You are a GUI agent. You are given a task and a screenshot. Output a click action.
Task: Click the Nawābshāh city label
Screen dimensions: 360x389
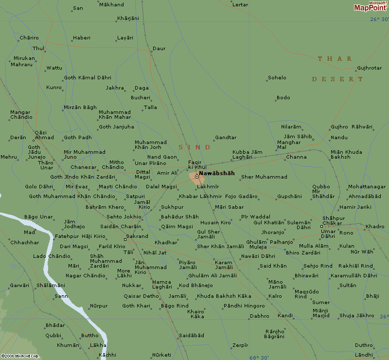[217, 173]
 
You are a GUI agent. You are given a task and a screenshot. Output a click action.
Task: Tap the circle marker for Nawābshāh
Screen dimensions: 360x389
[196, 177]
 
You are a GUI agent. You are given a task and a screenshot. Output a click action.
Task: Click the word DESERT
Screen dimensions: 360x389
[337, 79]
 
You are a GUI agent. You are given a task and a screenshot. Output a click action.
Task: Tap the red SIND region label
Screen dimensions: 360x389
[194, 147]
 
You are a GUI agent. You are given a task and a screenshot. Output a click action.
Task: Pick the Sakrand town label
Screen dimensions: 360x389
[137, 236]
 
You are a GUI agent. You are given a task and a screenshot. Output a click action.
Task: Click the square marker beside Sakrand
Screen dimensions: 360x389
[125, 239]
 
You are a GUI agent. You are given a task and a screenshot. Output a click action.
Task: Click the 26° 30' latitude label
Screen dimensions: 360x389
[379, 19]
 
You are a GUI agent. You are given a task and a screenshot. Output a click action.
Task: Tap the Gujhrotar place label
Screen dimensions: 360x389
[369, 68]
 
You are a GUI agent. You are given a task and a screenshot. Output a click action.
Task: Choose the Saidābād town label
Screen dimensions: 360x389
[192, 336]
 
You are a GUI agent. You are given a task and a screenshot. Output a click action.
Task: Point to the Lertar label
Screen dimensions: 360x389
[240, 5]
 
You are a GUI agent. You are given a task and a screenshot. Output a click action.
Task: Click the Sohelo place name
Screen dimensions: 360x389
[277, 78]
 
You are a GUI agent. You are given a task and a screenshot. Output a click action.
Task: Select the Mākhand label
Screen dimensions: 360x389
[111, 4]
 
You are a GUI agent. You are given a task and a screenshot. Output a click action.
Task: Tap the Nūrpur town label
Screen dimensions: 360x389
[98, 306]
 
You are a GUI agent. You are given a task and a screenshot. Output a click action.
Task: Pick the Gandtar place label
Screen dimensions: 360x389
[226, 138]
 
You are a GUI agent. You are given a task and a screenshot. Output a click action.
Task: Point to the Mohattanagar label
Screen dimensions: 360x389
[367, 187]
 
